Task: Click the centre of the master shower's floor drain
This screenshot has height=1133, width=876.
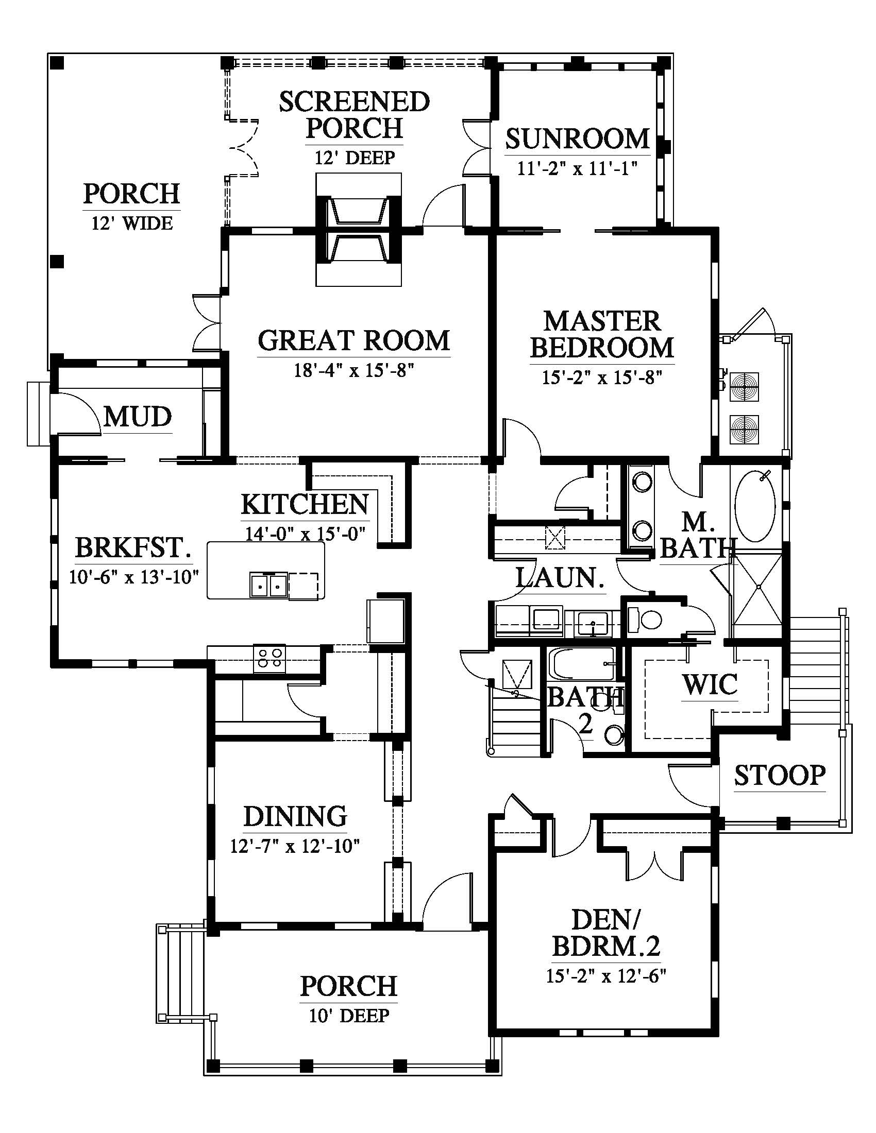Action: [759, 587]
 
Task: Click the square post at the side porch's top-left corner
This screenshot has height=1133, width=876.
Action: [57, 63]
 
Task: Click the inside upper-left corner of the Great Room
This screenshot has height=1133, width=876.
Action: [229, 236]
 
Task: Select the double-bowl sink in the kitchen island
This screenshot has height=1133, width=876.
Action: [268, 585]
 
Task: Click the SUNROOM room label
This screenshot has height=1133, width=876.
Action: [578, 139]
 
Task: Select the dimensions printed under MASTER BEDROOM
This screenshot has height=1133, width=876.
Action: [602, 377]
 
